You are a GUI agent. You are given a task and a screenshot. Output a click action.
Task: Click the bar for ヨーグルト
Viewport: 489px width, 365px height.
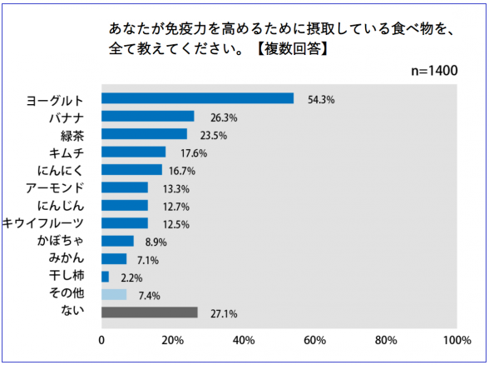pyautogui.click(x=197, y=98)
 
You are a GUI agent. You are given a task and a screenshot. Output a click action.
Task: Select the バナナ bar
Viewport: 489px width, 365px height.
pyautogui.click(x=147, y=117)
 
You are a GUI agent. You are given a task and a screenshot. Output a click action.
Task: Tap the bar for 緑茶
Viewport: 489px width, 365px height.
pyautogui.click(x=143, y=134)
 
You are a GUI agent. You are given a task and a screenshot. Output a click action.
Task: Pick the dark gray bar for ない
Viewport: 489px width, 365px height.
pyautogui.click(x=149, y=312)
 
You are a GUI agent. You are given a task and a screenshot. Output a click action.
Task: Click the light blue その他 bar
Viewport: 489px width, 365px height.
pyautogui.click(x=114, y=295)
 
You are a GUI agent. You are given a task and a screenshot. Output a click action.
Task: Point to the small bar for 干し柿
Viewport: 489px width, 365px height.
pyautogui.click(x=105, y=277)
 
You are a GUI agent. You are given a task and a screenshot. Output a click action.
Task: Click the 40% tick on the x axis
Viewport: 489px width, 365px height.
pyautogui.click(x=244, y=340)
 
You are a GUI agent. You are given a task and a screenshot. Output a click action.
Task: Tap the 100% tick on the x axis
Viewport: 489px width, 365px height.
pyautogui.click(x=457, y=340)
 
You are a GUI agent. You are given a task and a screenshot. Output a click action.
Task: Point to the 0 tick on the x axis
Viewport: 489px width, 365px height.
pyautogui.click(x=101, y=340)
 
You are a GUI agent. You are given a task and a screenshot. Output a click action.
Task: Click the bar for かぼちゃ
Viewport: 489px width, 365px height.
pyautogui.click(x=116, y=241)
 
